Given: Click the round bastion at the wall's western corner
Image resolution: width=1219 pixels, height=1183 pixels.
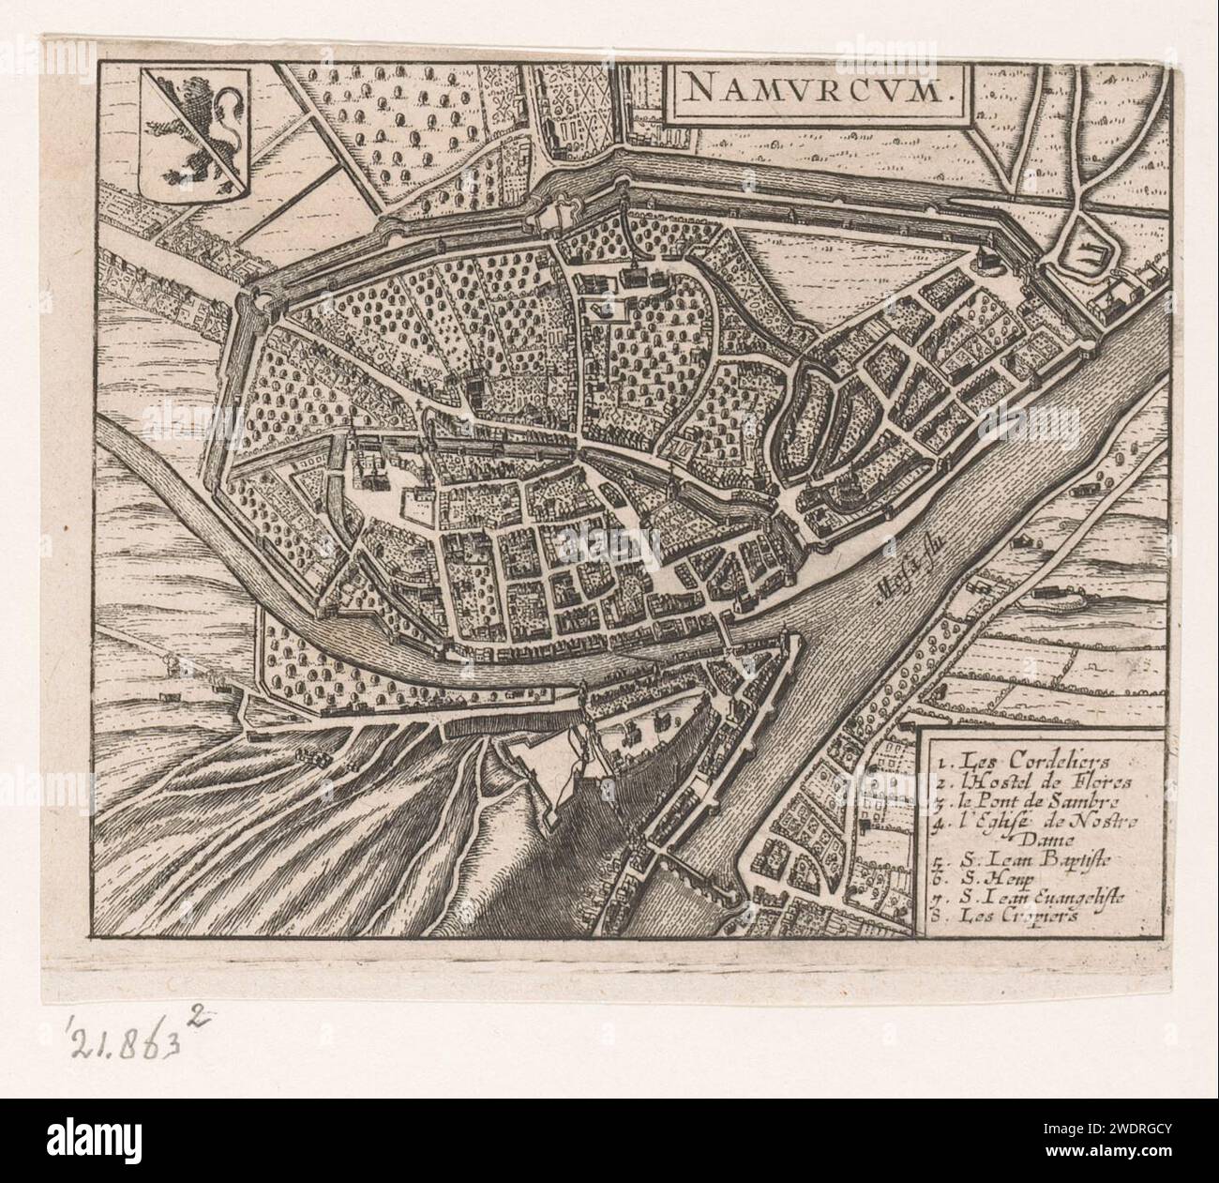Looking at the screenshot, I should [253, 302].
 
